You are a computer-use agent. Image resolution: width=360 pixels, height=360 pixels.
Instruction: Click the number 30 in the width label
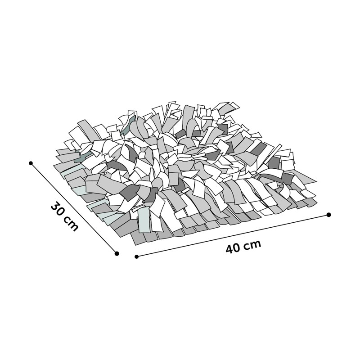(x=58, y=209)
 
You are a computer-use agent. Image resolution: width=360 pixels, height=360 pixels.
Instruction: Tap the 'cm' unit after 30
(x=71, y=223)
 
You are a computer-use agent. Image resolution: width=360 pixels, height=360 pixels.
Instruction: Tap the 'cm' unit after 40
(x=253, y=244)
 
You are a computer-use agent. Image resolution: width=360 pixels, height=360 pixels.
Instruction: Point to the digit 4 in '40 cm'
(x=229, y=249)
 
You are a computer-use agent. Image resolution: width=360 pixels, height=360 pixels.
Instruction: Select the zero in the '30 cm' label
(x=61, y=212)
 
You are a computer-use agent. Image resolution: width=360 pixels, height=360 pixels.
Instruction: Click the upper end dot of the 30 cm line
(x=31, y=163)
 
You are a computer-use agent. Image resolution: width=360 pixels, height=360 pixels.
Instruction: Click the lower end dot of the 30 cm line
(x=117, y=253)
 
